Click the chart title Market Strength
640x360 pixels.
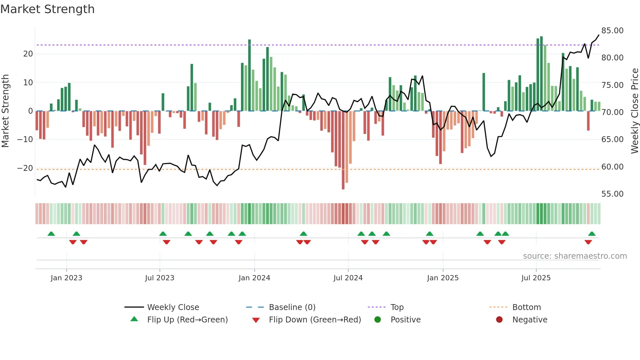(x=47, y=9)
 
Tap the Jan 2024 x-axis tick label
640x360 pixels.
(x=254, y=278)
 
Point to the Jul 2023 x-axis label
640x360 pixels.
(x=160, y=278)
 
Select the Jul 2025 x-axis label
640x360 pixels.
(x=536, y=278)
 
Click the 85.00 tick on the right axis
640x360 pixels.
(x=612, y=31)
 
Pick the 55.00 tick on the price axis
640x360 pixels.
(x=612, y=194)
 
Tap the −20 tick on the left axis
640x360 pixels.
(x=25, y=168)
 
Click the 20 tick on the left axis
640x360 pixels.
(x=28, y=54)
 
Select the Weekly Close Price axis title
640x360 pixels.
(x=634, y=111)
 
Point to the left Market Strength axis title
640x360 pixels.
(x=6, y=111)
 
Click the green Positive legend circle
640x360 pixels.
(x=378, y=320)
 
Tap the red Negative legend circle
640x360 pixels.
(x=499, y=320)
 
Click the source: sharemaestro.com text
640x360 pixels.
(x=575, y=256)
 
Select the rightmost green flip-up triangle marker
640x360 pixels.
(x=592, y=234)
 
